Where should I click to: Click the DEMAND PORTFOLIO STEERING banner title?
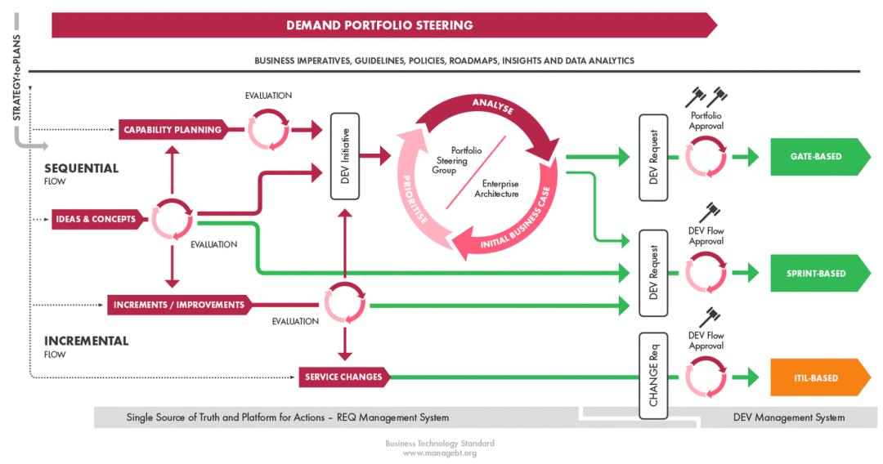pos(379,25)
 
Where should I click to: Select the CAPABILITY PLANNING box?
pos(172,129)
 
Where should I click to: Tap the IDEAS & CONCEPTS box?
pos(96,219)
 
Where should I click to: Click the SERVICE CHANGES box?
pos(343,377)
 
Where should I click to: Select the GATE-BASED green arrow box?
pos(818,156)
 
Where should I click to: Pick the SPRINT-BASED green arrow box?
pos(818,273)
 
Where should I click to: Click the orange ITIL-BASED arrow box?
pos(818,378)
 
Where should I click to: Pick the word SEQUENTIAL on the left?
pos(81,169)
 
